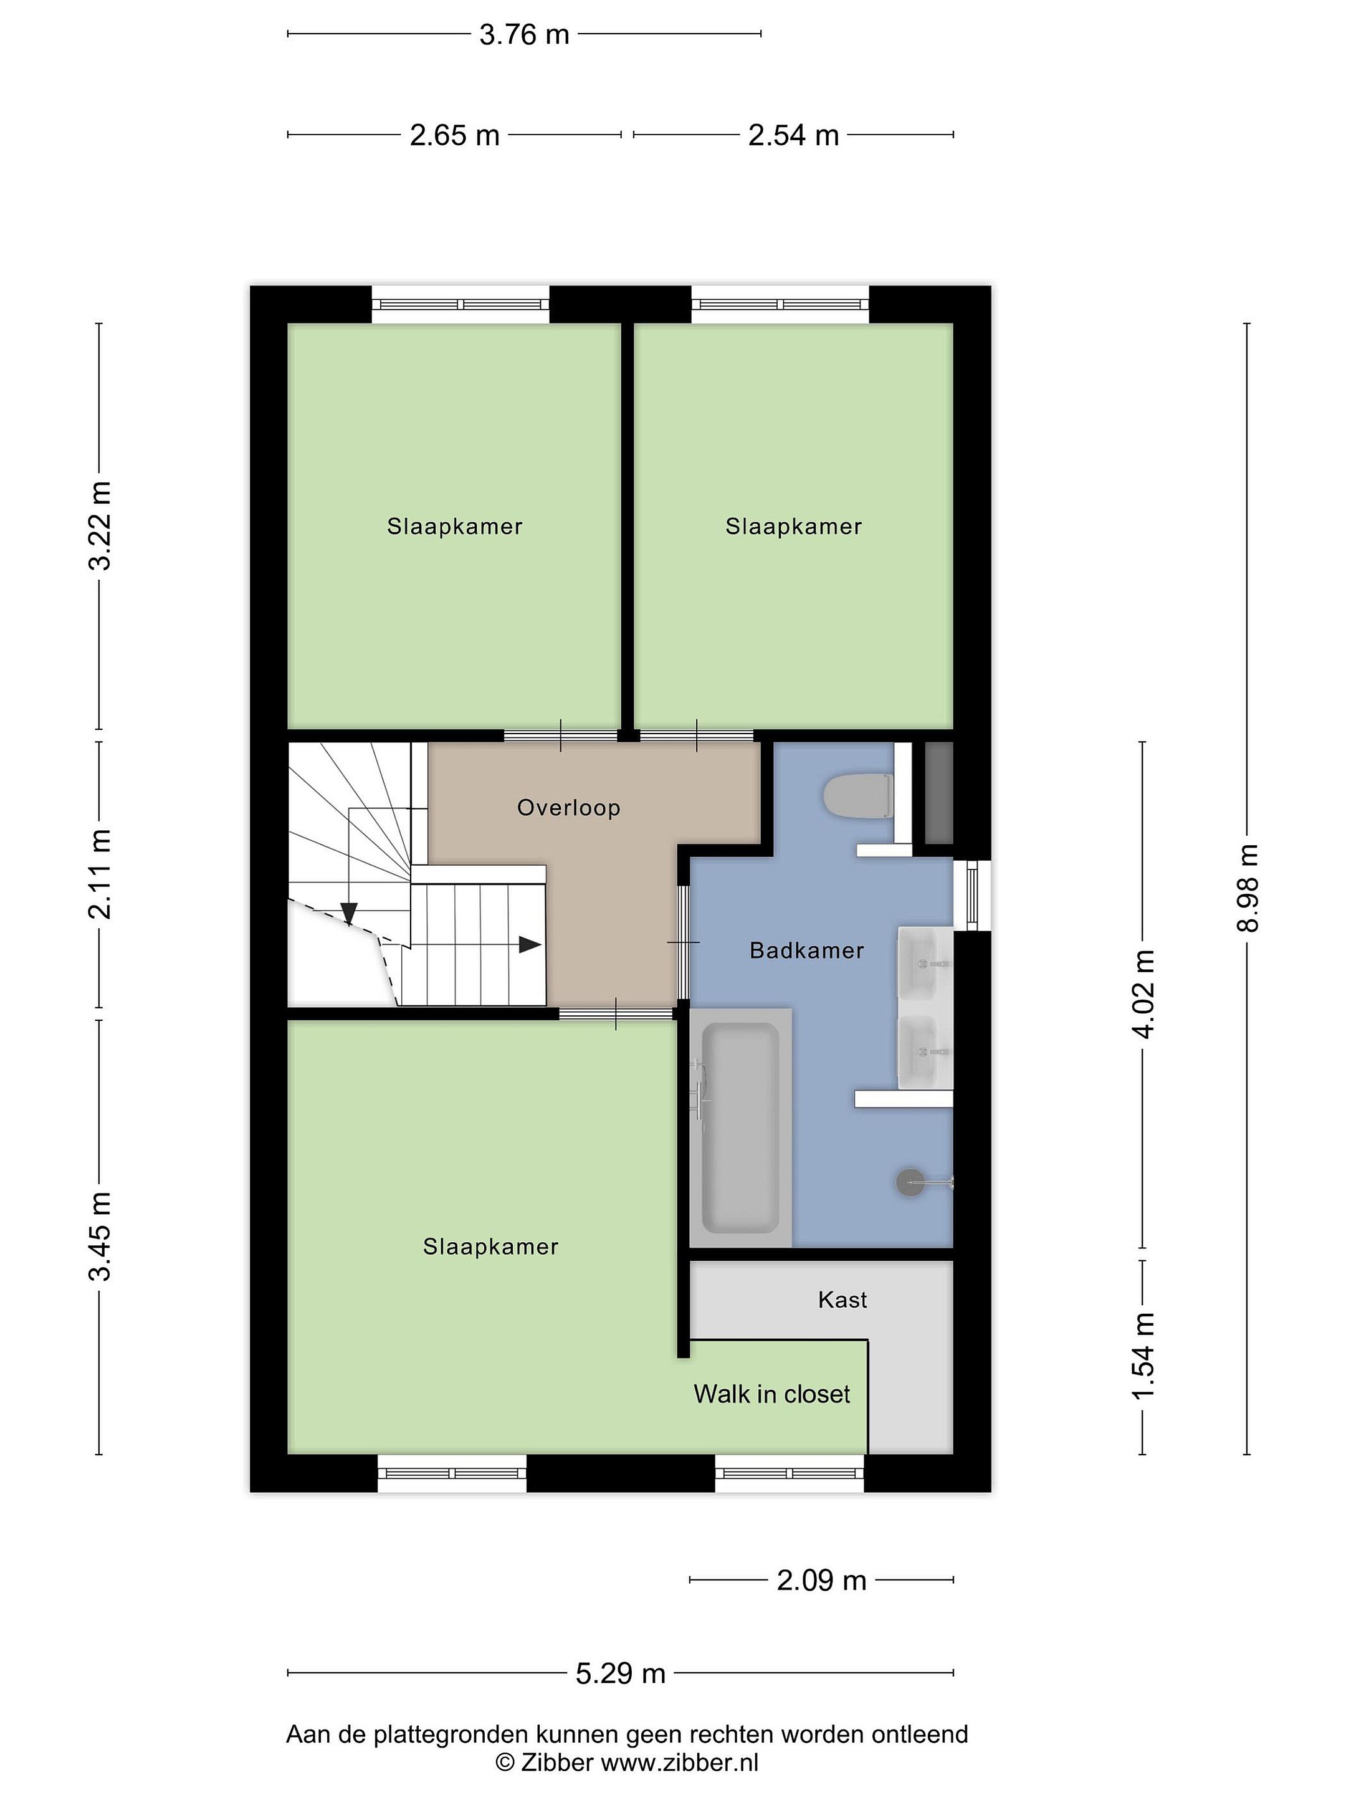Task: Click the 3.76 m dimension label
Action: (524, 35)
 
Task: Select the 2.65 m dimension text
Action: (454, 135)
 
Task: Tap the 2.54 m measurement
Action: (793, 135)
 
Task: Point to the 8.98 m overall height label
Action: (1247, 888)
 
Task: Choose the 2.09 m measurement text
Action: (821, 1580)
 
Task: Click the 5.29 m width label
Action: (621, 1673)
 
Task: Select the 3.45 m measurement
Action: (100, 1237)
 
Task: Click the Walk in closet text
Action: (771, 1394)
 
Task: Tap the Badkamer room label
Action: (806, 950)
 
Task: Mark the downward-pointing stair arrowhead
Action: (349, 914)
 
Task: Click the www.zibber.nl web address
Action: (679, 1763)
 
